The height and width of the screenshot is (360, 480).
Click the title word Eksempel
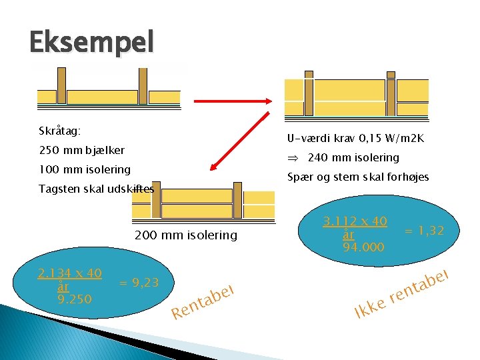click(91, 43)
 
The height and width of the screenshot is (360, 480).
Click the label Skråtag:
click(60, 132)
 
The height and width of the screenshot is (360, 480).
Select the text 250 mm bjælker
click(81, 151)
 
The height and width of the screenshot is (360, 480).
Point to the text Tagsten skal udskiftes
click(96, 189)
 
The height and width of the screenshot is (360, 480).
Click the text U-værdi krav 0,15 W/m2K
click(355, 139)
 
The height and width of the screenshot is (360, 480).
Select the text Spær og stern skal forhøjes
click(358, 177)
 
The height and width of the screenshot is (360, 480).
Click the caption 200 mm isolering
click(185, 235)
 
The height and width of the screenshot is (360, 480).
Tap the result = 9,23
click(139, 283)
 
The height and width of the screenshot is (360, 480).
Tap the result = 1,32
click(425, 231)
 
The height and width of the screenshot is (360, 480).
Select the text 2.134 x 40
click(69, 273)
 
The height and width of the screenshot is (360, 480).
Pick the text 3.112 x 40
click(355, 221)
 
